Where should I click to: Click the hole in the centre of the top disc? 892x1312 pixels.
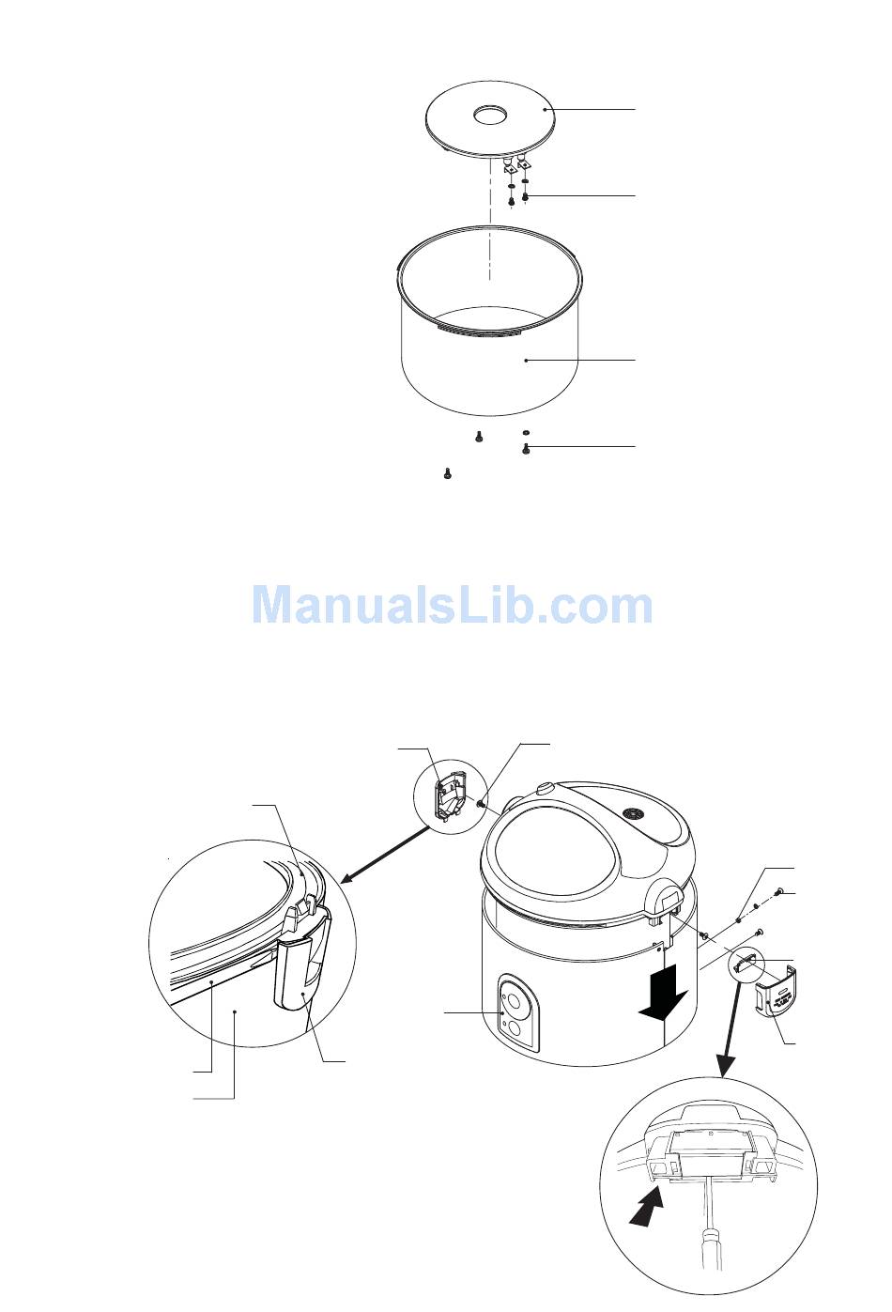[x=491, y=116]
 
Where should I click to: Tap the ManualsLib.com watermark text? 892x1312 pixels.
[x=453, y=604]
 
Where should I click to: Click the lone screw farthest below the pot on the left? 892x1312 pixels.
[x=448, y=473]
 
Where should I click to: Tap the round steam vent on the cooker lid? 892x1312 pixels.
[x=633, y=813]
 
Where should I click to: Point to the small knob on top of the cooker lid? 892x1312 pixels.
[x=544, y=788]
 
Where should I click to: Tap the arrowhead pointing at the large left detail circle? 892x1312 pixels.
[x=347, y=878]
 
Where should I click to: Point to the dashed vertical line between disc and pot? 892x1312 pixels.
[x=490, y=218]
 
